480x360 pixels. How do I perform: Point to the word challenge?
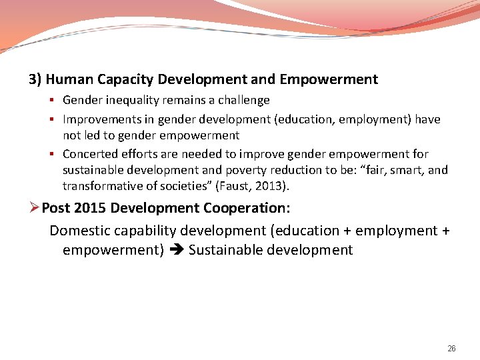point(243,100)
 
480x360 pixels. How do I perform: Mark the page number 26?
point(451,349)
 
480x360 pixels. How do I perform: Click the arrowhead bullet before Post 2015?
point(35,208)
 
